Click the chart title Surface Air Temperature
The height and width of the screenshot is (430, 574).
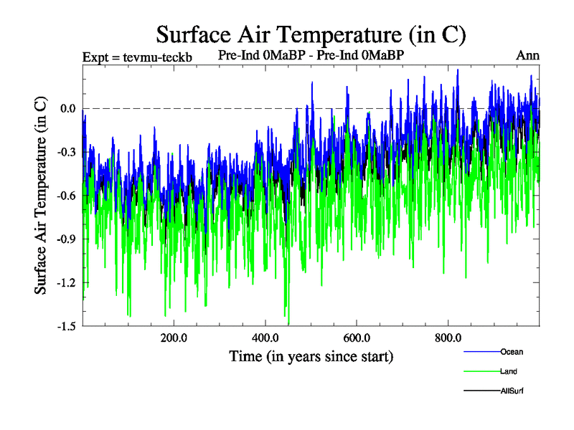pyautogui.click(x=311, y=34)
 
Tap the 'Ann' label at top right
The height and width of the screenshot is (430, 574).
pyautogui.click(x=527, y=55)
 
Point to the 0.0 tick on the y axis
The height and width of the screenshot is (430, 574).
pyautogui.click(x=68, y=109)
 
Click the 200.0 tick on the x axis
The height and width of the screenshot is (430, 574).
pyautogui.click(x=174, y=338)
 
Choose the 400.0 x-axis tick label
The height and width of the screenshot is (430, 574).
pyautogui.click(x=265, y=338)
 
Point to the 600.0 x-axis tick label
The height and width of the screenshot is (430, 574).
pyautogui.click(x=357, y=338)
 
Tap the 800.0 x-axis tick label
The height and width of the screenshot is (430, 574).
pyautogui.click(x=448, y=338)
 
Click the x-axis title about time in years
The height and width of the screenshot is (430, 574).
pyautogui.click(x=311, y=356)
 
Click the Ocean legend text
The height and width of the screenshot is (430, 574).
pyautogui.click(x=512, y=352)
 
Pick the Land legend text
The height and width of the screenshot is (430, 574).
pyautogui.click(x=509, y=371)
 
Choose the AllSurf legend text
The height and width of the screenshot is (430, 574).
pyautogui.click(x=512, y=391)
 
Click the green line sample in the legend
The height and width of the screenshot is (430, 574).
pyautogui.click(x=481, y=371)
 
